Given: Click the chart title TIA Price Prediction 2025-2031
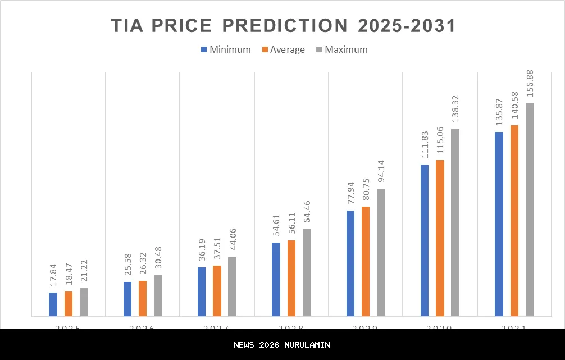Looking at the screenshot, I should click(x=282, y=26).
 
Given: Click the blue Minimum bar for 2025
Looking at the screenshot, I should click(x=53, y=304).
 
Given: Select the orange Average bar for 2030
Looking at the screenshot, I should click(x=440, y=238).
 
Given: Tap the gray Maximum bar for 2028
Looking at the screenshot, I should click(x=307, y=272).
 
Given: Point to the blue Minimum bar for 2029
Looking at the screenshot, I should click(x=350, y=263).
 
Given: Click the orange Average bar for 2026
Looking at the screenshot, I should click(x=143, y=298).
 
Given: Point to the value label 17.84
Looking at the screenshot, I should click(x=53, y=277).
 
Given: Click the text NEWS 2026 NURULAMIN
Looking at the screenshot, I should click(x=282, y=345).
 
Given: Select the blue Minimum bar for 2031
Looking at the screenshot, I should click(x=499, y=224).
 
